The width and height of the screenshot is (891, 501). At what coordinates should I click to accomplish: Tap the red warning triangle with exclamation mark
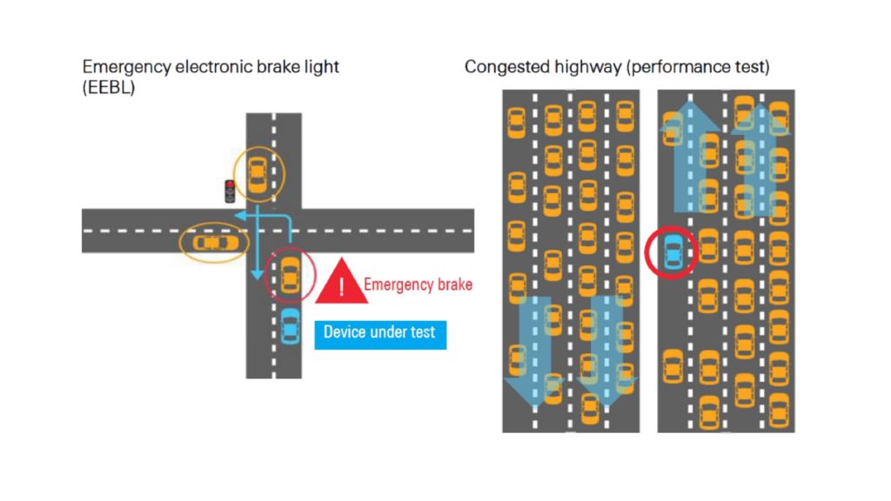pos(341,284)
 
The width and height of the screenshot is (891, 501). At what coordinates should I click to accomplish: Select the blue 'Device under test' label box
pos(380,333)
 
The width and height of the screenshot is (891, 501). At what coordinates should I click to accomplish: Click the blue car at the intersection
pos(290,326)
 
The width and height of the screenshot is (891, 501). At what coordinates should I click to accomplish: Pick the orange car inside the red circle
pos(290,277)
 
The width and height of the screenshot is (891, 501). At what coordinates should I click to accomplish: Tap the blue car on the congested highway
pos(672,253)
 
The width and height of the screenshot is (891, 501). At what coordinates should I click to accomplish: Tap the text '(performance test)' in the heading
pos(698,68)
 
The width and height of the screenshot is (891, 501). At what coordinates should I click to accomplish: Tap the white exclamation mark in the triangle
pos(341,287)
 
